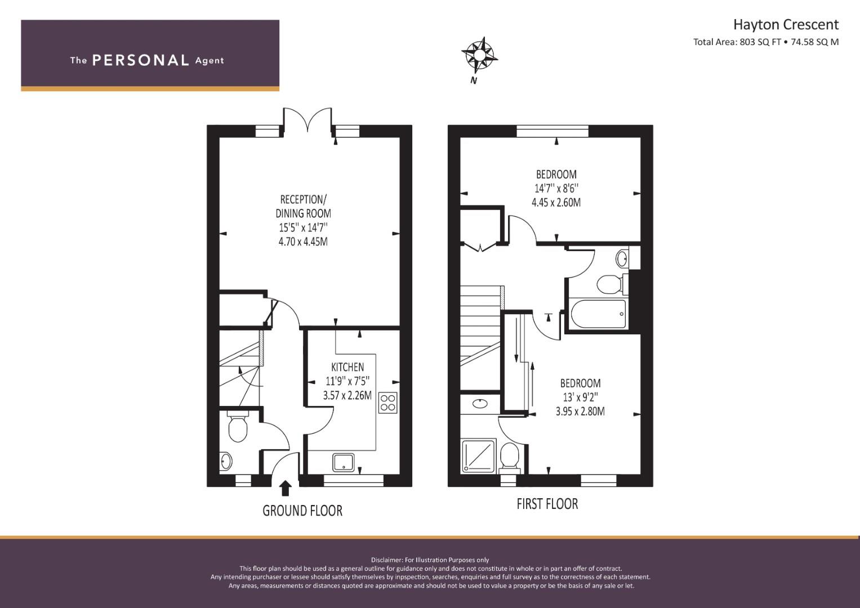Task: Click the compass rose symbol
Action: click(479, 55)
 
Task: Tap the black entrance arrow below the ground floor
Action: click(286, 488)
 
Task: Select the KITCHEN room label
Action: click(347, 367)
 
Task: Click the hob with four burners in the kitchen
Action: click(388, 403)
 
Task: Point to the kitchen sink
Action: click(344, 462)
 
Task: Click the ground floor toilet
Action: click(238, 429)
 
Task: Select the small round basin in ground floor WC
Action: click(226, 462)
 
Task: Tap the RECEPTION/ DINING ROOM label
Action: click(303, 207)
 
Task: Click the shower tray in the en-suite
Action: click(478, 456)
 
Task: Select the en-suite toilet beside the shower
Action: click(510, 456)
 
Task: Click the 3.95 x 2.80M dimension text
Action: click(580, 412)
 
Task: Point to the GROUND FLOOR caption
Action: click(302, 511)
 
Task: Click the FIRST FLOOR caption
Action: click(547, 504)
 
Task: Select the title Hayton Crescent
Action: click(785, 25)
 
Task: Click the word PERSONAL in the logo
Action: click(140, 60)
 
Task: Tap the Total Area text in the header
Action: click(765, 42)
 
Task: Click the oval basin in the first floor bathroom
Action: click(622, 259)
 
